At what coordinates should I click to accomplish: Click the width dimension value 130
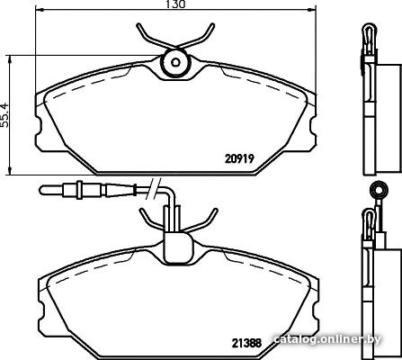pyautogui.click(x=175, y=4)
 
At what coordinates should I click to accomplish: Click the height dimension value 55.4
pyautogui.click(x=5, y=115)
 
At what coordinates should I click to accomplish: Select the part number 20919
pyautogui.click(x=239, y=158)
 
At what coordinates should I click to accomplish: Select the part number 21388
pyautogui.click(x=246, y=343)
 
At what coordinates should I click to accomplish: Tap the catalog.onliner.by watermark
pyautogui.click(x=327, y=339)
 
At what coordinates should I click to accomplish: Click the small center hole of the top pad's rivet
pyautogui.click(x=175, y=62)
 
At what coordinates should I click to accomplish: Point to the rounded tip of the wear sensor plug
pyautogui.click(x=42, y=190)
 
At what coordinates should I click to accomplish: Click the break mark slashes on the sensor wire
pyautogui.click(x=153, y=188)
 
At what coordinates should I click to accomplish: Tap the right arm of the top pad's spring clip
pyautogui.click(x=198, y=36)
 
